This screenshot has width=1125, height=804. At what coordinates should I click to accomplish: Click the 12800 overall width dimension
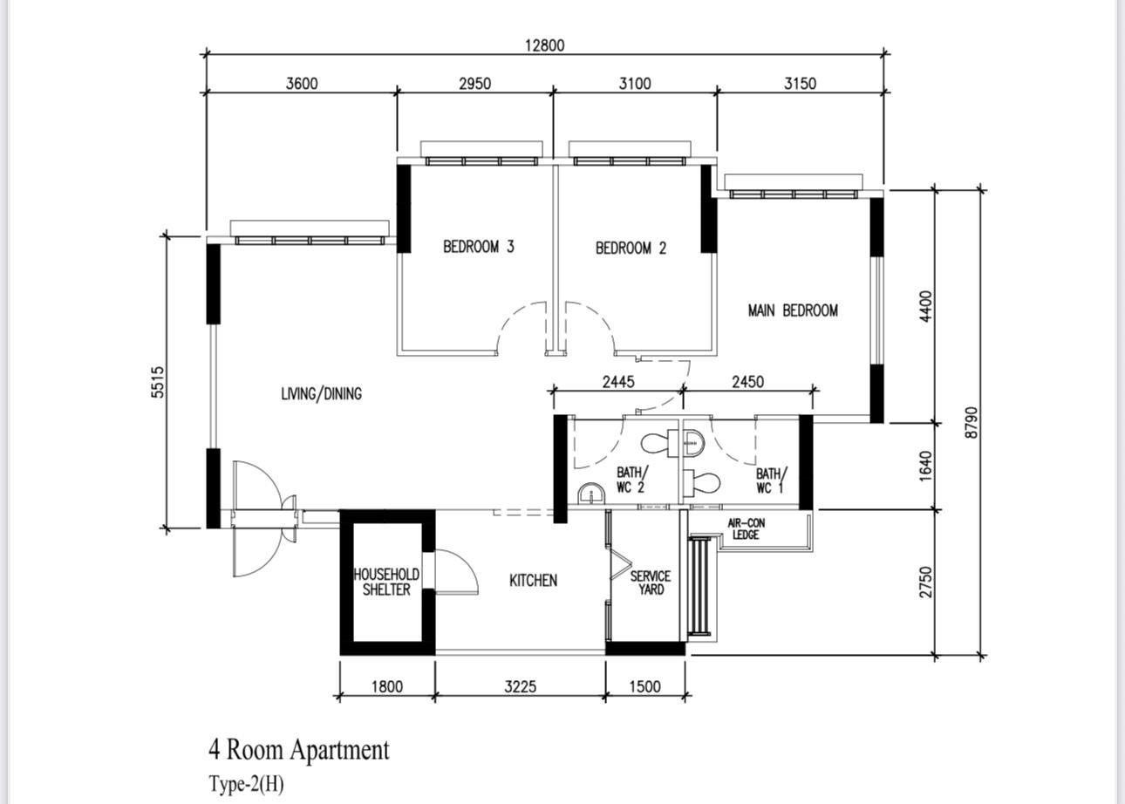[545, 45]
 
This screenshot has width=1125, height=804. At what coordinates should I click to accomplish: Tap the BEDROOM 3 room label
[479, 247]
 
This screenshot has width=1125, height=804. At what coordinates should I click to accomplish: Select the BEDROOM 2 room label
[631, 248]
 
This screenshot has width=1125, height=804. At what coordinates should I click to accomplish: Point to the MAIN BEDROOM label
[793, 310]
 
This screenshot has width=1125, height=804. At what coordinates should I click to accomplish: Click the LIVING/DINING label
[322, 393]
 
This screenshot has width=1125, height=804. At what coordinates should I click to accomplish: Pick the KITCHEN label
[534, 581]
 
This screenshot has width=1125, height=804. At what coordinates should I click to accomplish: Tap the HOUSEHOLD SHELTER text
[386, 582]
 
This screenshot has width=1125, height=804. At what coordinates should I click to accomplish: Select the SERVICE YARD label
[651, 583]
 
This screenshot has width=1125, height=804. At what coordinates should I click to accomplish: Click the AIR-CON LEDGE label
[747, 528]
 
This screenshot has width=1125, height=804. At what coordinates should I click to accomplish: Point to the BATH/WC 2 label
[631, 480]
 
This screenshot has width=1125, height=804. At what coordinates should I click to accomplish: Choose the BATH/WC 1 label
[772, 480]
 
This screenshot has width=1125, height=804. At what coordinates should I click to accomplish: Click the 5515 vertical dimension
[158, 382]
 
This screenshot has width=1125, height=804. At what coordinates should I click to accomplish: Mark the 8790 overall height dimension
[972, 422]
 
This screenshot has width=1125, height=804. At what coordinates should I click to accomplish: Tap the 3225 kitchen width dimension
[521, 686]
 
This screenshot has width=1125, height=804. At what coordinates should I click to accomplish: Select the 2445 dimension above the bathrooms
[618, 382]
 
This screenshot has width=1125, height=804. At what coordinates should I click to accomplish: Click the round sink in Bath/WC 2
[591, 494]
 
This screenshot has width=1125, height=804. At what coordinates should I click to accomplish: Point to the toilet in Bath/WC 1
[702, 483]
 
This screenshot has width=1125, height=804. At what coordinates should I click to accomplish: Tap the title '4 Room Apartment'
[299, 750]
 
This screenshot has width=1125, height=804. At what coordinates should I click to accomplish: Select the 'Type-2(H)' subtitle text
[246, 784]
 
